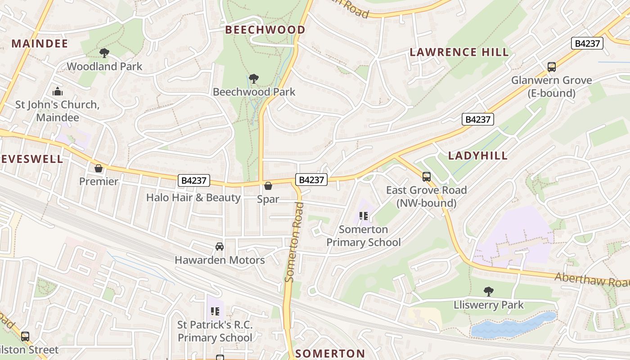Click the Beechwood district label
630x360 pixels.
(265, 30)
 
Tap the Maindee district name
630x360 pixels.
(40, 44)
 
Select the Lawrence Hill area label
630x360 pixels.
(459, 52)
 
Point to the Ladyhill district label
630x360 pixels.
(478, 156)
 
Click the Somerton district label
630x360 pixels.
(330, 353)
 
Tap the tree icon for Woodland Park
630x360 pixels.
(104, 53)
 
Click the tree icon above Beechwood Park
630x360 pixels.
(254, 79)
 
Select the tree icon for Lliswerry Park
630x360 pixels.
(488, 292)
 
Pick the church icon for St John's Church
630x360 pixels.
(58, 92)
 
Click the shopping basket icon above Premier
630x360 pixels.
(99, 168)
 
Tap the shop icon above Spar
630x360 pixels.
(268, 186)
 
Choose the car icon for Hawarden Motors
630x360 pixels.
(220, 247)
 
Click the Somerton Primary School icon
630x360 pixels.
(364, 216)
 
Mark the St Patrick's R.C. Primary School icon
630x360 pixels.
(215, 311)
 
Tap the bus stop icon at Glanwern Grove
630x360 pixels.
(552, 67)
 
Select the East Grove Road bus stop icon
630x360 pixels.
(427, 177)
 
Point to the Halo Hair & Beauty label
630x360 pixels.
(193, 198)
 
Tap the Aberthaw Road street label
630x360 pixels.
(592, 280)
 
